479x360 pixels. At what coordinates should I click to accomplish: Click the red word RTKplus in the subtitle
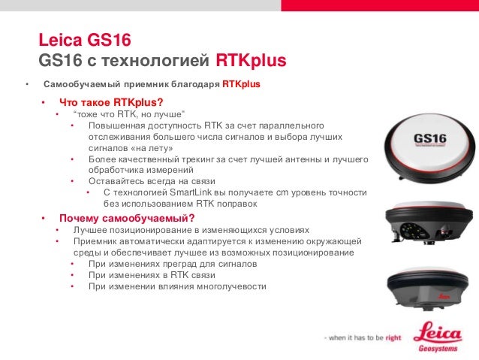tap(251, 59)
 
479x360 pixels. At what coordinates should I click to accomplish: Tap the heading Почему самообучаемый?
tap(122, 218)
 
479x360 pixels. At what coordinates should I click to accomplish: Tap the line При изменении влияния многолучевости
tap(177, 287)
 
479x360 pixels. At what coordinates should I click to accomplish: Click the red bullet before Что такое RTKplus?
tap(44, 102)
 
